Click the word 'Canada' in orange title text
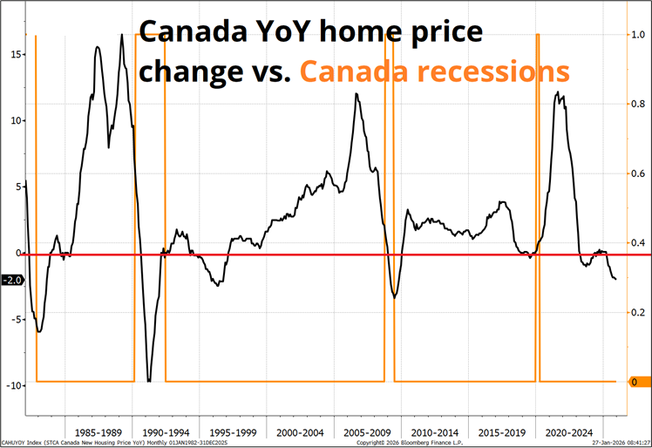click(x=350, y=70)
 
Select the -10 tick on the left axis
click(x=13, y=385)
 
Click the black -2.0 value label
click(x=12, y=280)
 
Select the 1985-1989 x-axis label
click(x=98, y=432)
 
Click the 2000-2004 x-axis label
click(x=301, y=432)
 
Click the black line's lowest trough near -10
click(x=149, y=381)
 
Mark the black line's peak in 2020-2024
click(x=557, y=92)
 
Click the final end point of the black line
click(x=615, y=280)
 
